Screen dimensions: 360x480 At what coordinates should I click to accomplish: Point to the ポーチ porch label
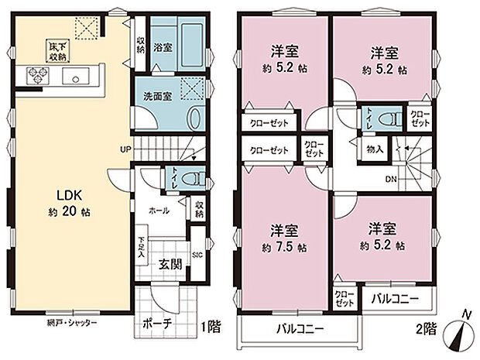(157, 324)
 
